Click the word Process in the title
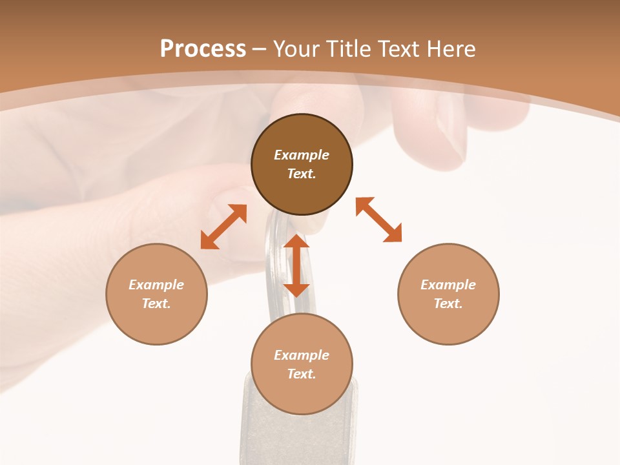pos(203,49)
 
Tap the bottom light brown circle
pos(302,394)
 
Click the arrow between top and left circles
pos(223,227)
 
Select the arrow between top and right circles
pos(378,220)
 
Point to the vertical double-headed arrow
pos(296,265)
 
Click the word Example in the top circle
pos(302,155)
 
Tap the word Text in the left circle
pos(156,304)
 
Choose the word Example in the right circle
pos(448,285)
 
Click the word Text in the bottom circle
pos(302,374)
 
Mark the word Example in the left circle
pos(156,285)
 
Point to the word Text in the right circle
pos(448,304)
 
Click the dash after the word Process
pos(260,49)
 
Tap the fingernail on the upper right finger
pos(452,129)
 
